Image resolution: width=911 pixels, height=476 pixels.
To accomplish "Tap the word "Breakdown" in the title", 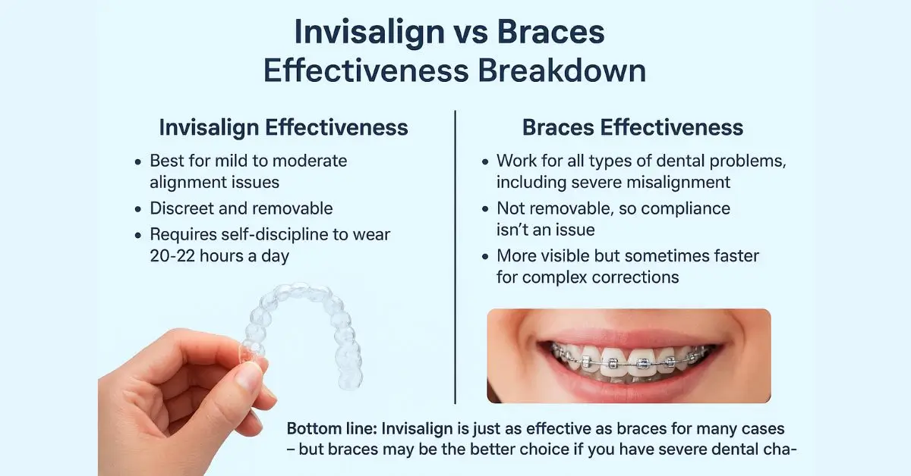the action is pyautogui.click(x=562, y=71).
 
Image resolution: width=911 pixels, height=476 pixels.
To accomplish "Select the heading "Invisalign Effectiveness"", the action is pyautogui.click(x=283, y=128).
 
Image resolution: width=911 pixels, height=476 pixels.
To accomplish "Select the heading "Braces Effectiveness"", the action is pyautogui.click(x=632, y=127).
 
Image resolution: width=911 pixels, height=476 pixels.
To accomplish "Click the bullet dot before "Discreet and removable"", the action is pyautogui.click(x=138, y=209).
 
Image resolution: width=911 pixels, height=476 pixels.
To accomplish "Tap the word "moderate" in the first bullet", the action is pyautogui.click(x=310, y=161).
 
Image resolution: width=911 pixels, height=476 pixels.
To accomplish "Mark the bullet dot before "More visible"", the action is pyautogui.click(x=485, y=257).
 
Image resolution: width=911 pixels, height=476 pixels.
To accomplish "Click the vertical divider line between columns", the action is pyautogui.click(x=455, y=257).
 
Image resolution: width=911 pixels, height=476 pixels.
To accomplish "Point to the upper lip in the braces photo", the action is pyautogui.click(x=629, y=337).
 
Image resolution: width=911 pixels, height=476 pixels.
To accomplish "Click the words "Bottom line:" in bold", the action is pyautogui.click(x=333, y=428).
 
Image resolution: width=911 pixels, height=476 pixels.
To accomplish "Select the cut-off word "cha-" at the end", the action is pyautogui.click(x=779, y=449).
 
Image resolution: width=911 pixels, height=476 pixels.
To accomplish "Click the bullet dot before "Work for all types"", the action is pyautogui.click(x=485, y=161).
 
